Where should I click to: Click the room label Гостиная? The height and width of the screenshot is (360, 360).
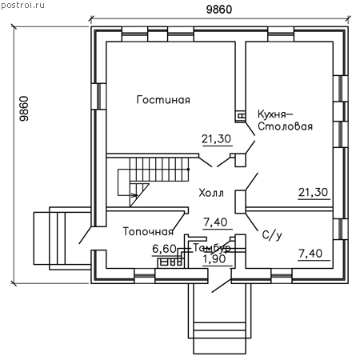(x=163, y=100)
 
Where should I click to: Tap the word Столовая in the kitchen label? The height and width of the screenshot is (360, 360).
(x=285, y=126)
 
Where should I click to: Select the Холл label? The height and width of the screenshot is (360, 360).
(x=211, y=193)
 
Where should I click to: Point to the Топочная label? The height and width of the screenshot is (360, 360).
(x=148, y=231)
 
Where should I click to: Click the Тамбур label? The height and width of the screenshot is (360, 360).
(x=211, y=248)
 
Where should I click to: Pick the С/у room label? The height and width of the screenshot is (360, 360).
(x=272, y=235)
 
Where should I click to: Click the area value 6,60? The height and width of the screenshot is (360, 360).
(x=164, y=249)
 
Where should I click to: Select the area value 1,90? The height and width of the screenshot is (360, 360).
(x=214, y=258)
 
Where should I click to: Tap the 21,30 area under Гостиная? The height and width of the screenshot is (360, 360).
(x=216, y=139)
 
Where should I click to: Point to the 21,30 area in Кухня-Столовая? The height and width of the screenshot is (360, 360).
(x=314, y=192)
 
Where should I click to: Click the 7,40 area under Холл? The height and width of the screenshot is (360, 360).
(x=215, y=222)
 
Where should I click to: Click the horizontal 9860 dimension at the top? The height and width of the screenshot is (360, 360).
(x=219, y=10)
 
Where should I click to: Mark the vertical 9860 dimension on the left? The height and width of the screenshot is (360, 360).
(x=24, y=109)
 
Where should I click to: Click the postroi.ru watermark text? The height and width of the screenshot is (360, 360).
(x=22, y=5)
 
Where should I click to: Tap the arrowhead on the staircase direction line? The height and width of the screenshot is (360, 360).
(x=134, y=195)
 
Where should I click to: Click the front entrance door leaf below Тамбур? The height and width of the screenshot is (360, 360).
(x=222, y=286)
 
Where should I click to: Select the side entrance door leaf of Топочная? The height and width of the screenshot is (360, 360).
(x=86, y=235)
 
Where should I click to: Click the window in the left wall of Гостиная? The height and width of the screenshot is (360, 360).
(x=99, y=96)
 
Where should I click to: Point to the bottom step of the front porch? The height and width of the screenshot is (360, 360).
(x=219, y=346)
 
